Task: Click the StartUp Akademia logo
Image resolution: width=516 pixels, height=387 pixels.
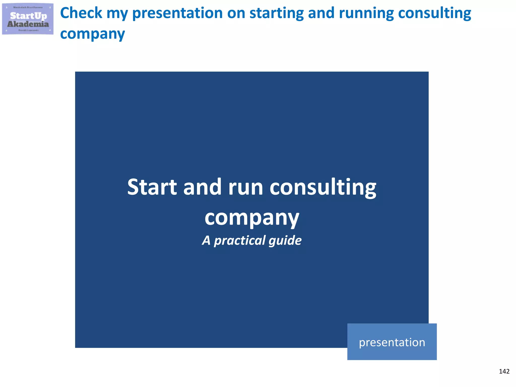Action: coord(28,19)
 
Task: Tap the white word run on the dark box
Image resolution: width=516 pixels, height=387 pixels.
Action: coord(245,188)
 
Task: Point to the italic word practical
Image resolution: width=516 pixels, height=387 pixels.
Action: coord(240,241)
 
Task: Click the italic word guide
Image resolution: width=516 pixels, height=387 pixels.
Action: coord(285,241)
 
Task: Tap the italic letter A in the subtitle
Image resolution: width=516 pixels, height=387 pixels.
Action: coord(206,240)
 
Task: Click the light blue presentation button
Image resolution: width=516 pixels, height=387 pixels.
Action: coord(392,342)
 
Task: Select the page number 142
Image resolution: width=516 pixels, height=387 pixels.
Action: coord(504,371)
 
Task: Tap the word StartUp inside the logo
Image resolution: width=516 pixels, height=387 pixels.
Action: coord(28,16)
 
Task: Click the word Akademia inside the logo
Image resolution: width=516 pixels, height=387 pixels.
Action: coord(28,24)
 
